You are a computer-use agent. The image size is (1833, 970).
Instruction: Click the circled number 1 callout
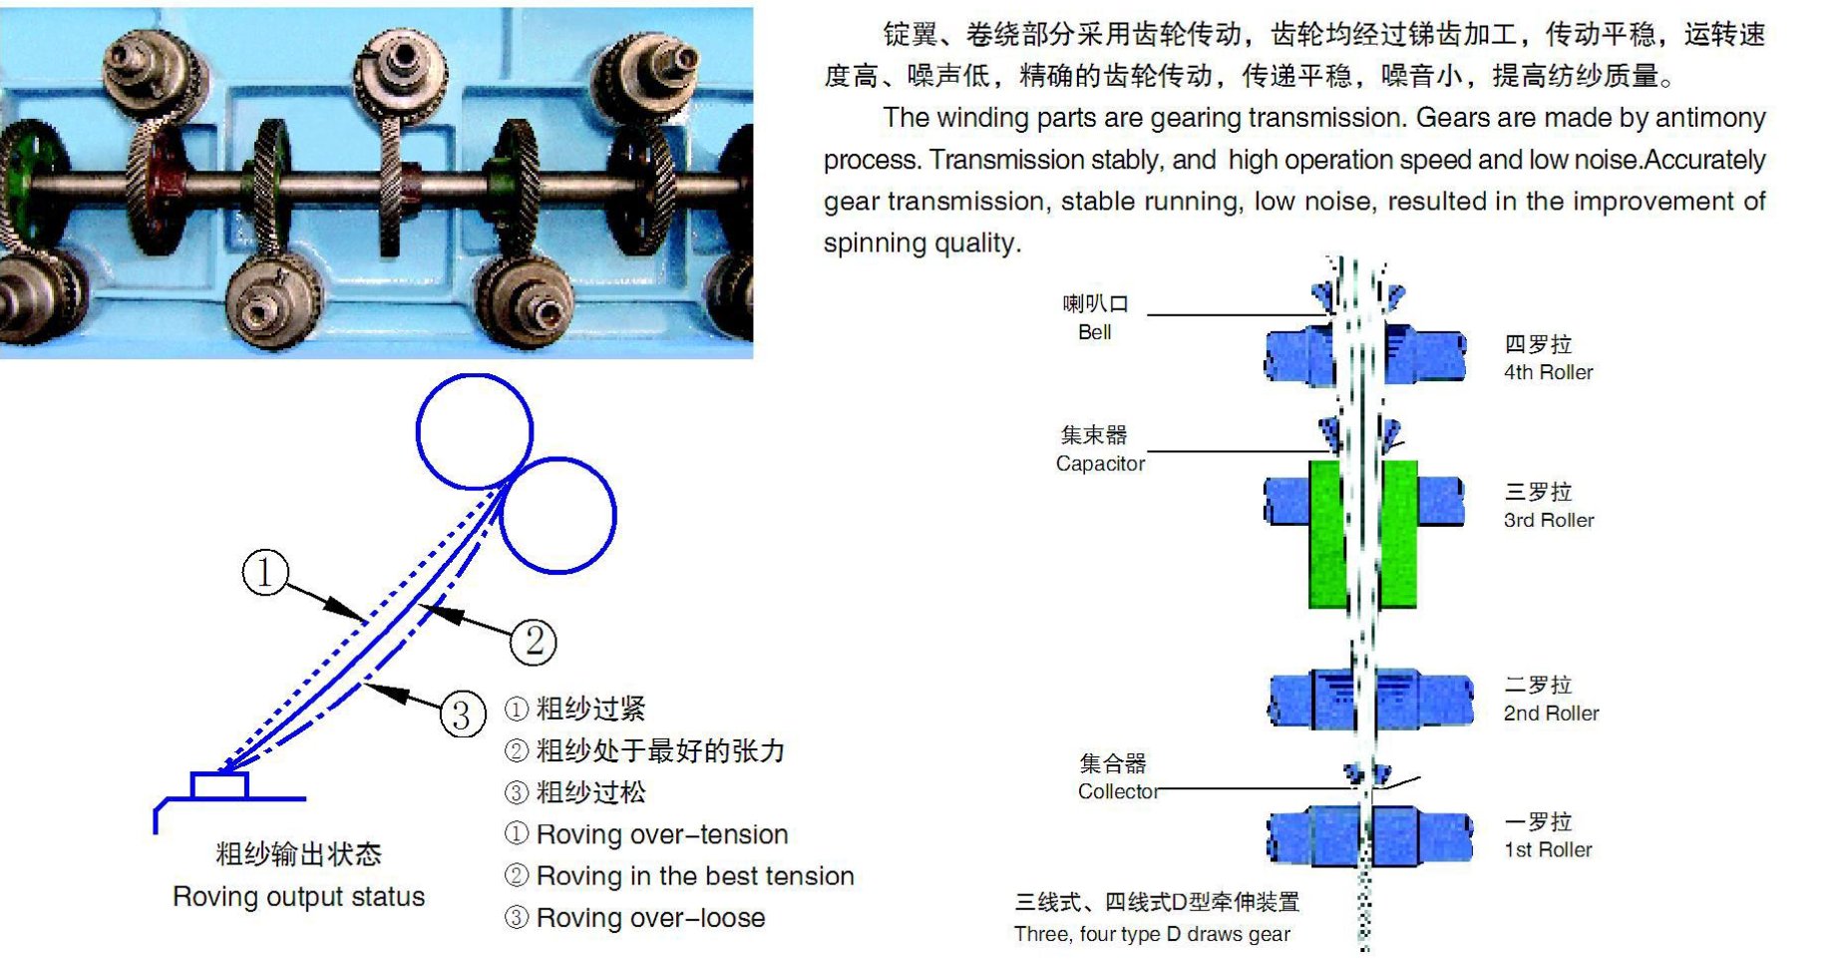pos(265,573)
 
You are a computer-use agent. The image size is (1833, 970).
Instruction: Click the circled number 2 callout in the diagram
pos(534,642)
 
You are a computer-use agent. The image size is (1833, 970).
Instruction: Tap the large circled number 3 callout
pos(463,715)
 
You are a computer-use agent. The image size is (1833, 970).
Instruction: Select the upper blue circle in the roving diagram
pos(474,431)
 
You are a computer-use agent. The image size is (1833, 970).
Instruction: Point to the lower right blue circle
pos(557,515)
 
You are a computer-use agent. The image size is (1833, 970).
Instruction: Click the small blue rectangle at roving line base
pos(219,785)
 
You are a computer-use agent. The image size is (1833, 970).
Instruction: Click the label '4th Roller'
pos(1548,372)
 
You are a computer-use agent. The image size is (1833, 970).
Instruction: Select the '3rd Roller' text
pos(1548,520)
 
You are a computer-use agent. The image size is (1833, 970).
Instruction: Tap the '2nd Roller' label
pos(1551,714)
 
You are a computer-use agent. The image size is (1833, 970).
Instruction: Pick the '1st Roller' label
pos(1548,850)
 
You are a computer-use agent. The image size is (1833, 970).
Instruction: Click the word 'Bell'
pos(1094,332)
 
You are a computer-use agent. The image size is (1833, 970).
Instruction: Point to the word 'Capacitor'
pos(1100,464)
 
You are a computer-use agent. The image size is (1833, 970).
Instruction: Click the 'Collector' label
pos(1118,791)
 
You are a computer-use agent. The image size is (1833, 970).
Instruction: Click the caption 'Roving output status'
pos(298,896)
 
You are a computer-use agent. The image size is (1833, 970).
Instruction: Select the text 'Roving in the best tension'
pos(695,876)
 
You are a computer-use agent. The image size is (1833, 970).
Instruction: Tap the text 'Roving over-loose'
pos(650,918)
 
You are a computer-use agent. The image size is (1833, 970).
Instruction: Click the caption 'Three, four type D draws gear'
pos(1152,934)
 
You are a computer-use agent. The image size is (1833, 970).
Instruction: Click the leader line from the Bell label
pos(1237,315)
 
